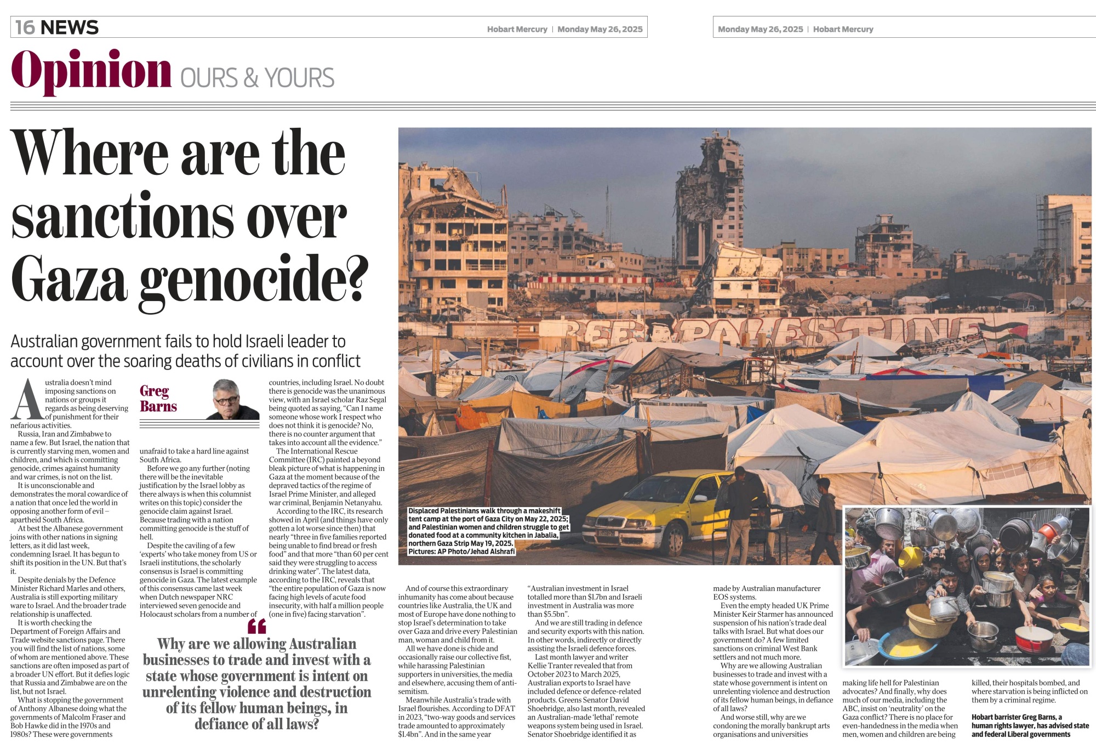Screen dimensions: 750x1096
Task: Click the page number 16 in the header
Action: pos(25,27)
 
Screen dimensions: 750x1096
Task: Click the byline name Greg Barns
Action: pos(158,399)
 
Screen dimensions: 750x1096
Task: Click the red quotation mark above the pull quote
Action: pos(256,626)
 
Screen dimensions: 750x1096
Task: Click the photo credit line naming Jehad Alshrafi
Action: pos(461,552)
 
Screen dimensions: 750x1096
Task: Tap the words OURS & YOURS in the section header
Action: pos(257,78)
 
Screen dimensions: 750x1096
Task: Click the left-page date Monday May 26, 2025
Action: pos(600,29)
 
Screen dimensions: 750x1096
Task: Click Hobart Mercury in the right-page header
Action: pos(843,29)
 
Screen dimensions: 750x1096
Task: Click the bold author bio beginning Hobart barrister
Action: pos(1030,725)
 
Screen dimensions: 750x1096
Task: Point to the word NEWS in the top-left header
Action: pos(70,27)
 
